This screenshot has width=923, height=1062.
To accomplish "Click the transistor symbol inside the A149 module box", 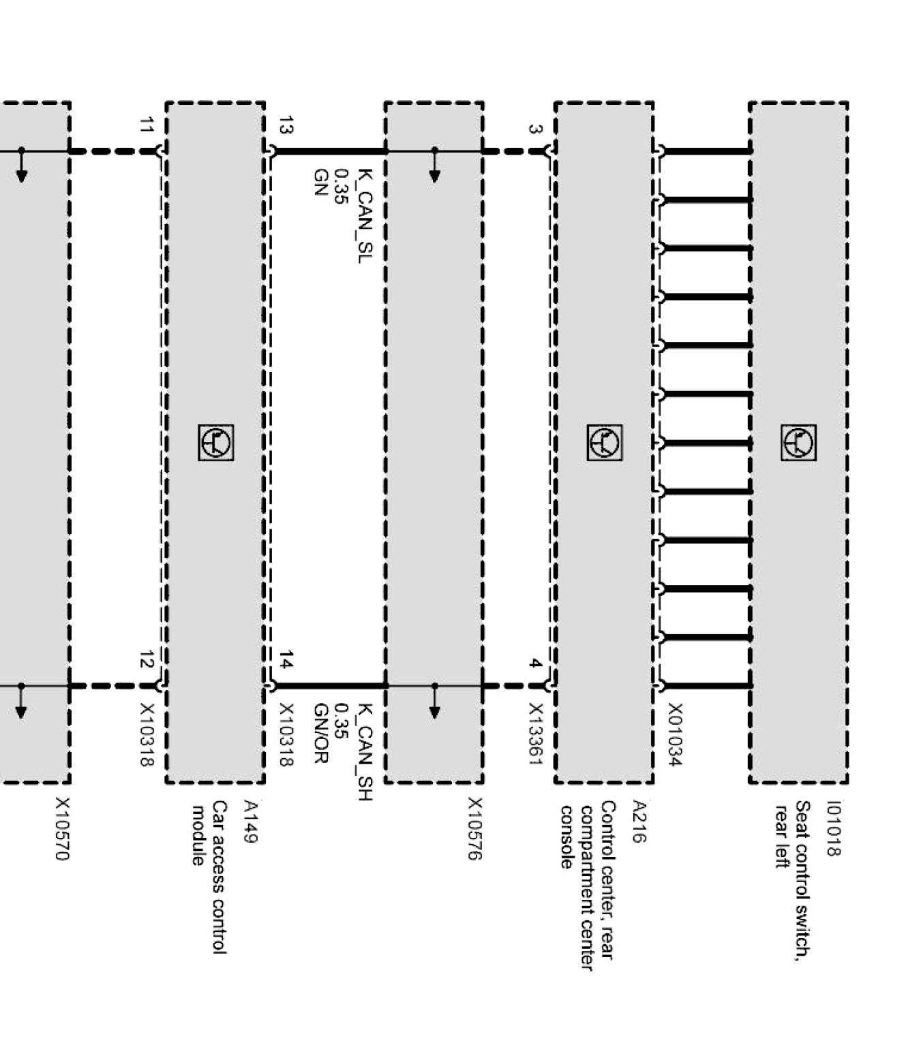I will pyautogui.click(x=216, y=443).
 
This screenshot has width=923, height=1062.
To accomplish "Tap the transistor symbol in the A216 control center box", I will pyautogui.click(x=605, y=443).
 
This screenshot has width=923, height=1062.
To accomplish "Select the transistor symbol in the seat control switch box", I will pyautogui.click(x=799, y=443).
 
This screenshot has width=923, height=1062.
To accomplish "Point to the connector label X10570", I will pyautogui.click(x=62, y=829).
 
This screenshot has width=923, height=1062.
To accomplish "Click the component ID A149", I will pyautogui.click(x=251, y=822).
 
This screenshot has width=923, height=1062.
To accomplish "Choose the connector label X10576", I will pyautogui.click(x=475, y=829).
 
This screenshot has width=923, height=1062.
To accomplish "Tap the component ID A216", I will pyautogui.click(x=639, y=822).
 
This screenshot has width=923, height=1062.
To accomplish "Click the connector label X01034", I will pyautogui.click(x=674, y=735).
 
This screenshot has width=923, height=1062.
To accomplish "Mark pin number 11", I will pyautogui.click(x=147, y=125).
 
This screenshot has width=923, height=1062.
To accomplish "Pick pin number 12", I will pyautogui.click(x=147, y=660).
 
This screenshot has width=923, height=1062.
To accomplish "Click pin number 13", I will pyautogui.click(x=286, y=125).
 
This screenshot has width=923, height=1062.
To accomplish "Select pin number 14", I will pyautogui.click(x=286, y=660).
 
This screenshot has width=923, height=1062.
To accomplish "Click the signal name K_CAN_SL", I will pyautogui.click(x=365, y=217).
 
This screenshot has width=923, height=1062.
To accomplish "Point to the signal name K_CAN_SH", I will pyautogui.click(x=365, y=752).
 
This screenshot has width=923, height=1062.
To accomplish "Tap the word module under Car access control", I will pyautogui.click(x=198, y=836).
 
